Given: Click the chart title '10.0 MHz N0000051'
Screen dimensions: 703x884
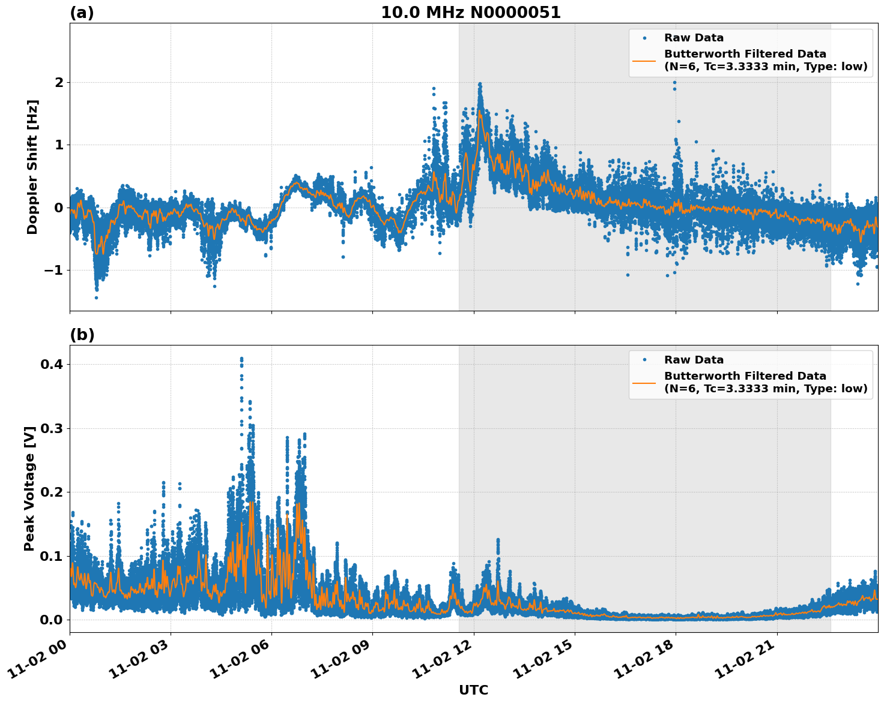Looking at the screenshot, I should coord(470,13).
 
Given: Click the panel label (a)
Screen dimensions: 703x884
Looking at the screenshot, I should coord(82,13).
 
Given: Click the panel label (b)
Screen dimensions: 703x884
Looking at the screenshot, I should coord(82,335).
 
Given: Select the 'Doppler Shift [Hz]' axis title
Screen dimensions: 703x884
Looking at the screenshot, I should coord(32,167).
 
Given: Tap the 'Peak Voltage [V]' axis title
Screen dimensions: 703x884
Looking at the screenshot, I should coord(29,488).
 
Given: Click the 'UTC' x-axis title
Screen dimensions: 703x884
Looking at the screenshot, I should coord(473,690).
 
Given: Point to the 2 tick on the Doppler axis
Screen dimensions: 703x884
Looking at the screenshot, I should coord(59,82).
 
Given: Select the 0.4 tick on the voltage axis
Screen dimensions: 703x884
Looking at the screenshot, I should coord(53,364).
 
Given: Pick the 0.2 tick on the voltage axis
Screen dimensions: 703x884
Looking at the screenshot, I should coord(53,492).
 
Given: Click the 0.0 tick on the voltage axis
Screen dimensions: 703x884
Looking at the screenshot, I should coord(53,620).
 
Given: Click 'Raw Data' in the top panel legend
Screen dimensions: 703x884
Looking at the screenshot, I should coord(694,38).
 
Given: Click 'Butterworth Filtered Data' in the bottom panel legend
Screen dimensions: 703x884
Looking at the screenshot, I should coord(745,376).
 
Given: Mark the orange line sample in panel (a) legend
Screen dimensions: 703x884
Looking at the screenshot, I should coord(644,60).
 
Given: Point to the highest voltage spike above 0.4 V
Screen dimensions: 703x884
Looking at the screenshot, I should coord(241,359).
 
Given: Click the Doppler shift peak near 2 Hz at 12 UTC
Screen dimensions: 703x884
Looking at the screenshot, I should coord(480,85).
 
